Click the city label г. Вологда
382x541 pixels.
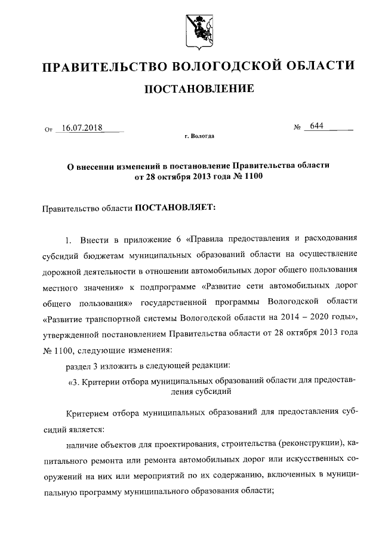pyautogui.click(x=199, y=136)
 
